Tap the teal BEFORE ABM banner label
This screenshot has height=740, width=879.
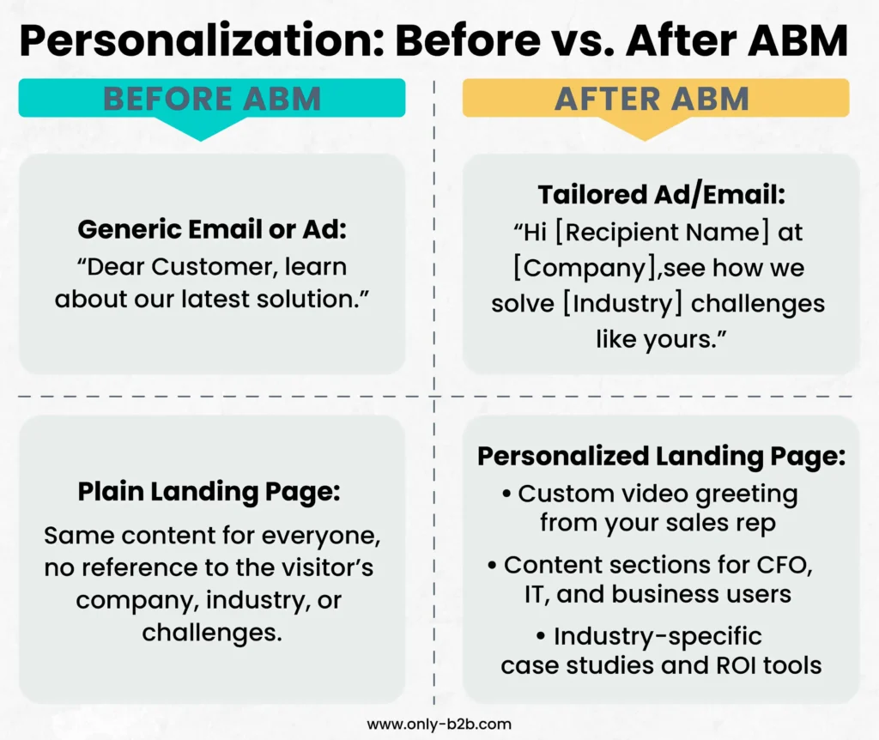[212, 99]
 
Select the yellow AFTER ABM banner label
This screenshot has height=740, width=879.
[652, 99]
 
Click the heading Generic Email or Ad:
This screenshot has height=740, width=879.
[212, 228]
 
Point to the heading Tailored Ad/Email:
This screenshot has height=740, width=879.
[662, 195]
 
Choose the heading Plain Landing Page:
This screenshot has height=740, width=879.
[209, 492]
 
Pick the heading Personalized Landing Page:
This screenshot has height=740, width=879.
[662, 457]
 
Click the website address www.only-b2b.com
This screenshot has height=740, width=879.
[439, 725]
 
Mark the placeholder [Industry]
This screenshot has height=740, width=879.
[623, 304]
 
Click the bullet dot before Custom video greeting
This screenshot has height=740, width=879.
[506, 494]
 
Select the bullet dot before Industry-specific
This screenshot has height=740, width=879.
[541, 637]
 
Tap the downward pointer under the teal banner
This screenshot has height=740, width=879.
[201, 129]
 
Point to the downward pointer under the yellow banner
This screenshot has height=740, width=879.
[645, 129]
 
